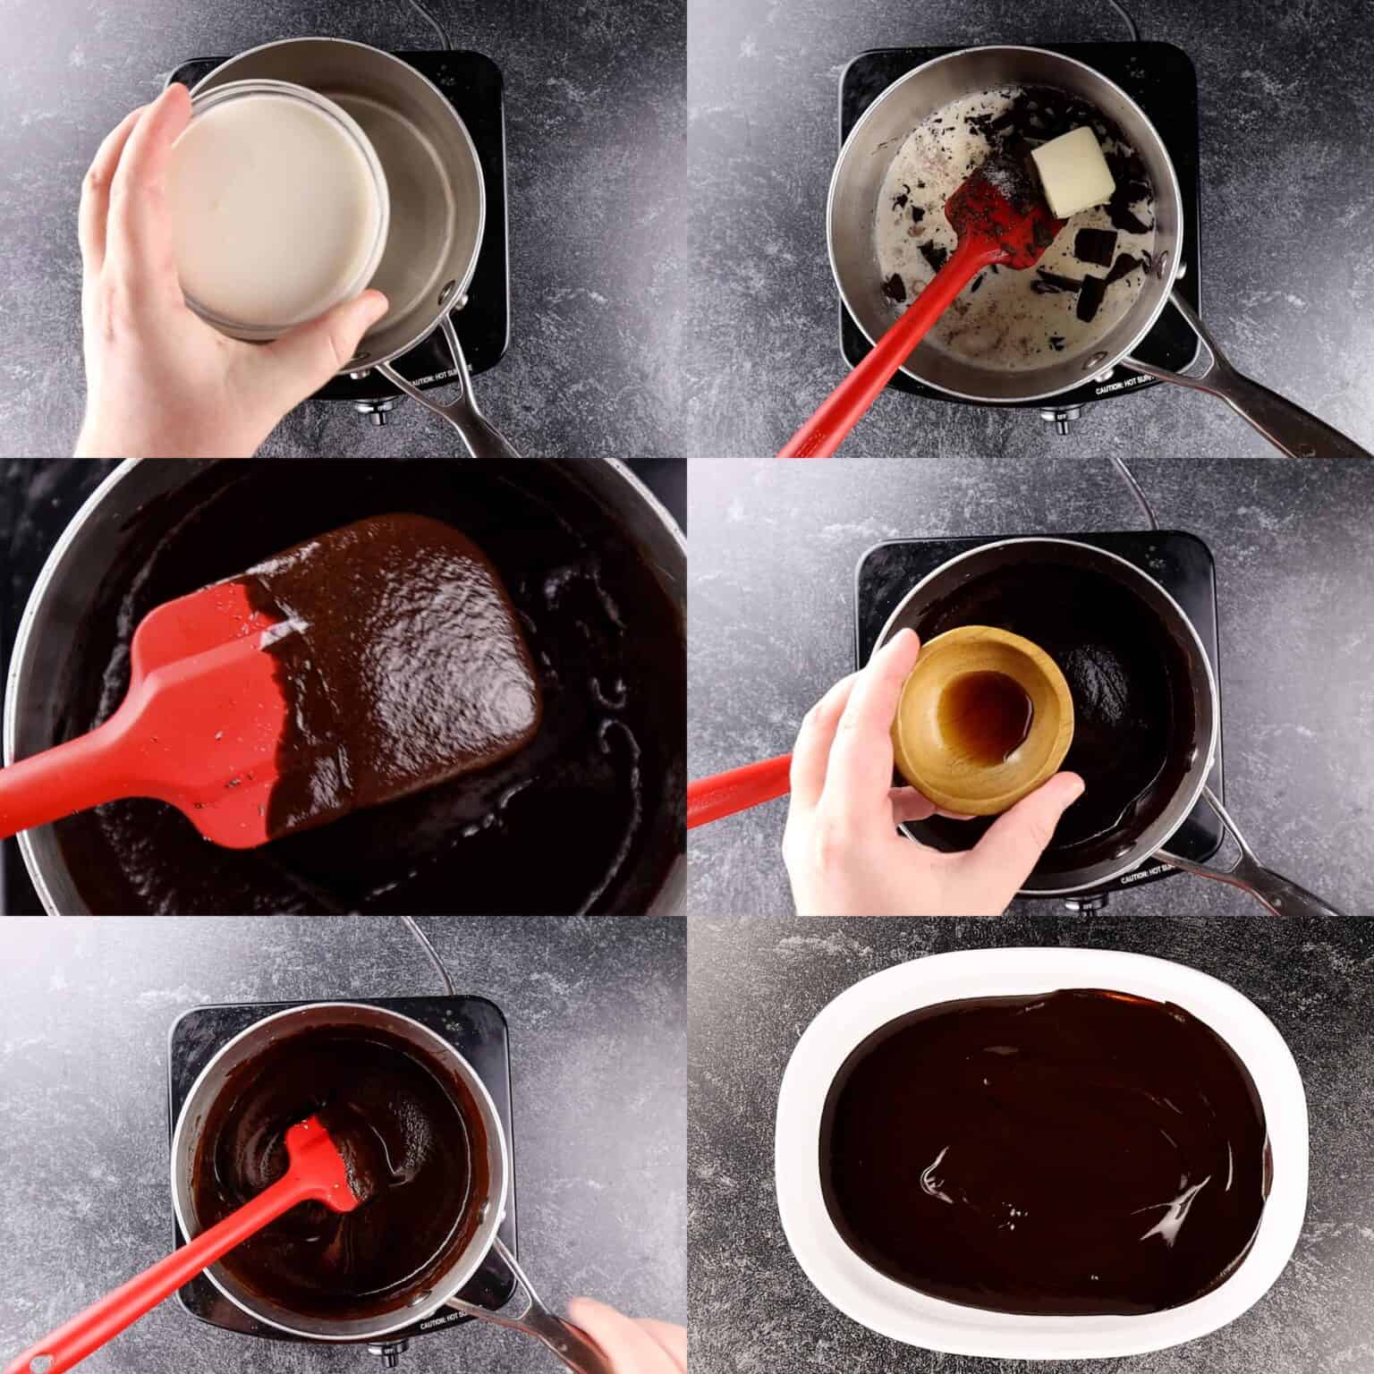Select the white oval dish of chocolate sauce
coord(1038,1154)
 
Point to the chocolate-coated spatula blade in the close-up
coord(403,644)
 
